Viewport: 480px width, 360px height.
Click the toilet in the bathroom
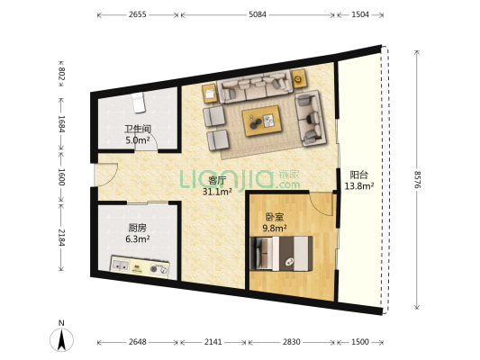click(x=139, y=103)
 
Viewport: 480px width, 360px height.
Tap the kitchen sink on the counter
click(x=120, y=265)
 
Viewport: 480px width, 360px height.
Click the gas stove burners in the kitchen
click(x=158, y=269)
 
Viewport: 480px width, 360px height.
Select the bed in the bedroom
click(x=281, y=254)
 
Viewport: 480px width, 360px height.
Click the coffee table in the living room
click(x=262, y=121)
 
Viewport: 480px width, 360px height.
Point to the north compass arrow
click(x=62, y=339)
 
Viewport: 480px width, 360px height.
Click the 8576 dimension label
click(x=417, y=179)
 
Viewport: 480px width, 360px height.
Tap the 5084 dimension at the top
click(x=258, y=14)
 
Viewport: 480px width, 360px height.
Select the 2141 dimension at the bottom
click(x=213, y=342)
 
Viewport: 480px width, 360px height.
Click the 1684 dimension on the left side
click(x=61, y=123)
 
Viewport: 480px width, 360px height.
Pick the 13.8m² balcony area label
click(x=358, y=186)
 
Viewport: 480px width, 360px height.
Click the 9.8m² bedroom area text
click(x=275, y=228)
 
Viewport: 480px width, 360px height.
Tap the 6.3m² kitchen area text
click(x=138, y=238)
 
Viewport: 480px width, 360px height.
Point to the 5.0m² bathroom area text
click(x=138, y=140)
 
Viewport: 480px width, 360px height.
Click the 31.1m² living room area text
click(x=217, y=192)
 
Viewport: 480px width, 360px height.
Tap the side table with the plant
click(x=298, y=78)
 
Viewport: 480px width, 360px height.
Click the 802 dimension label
click(x=61, y=74)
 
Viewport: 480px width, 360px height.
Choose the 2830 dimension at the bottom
click(x=291, y=342)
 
